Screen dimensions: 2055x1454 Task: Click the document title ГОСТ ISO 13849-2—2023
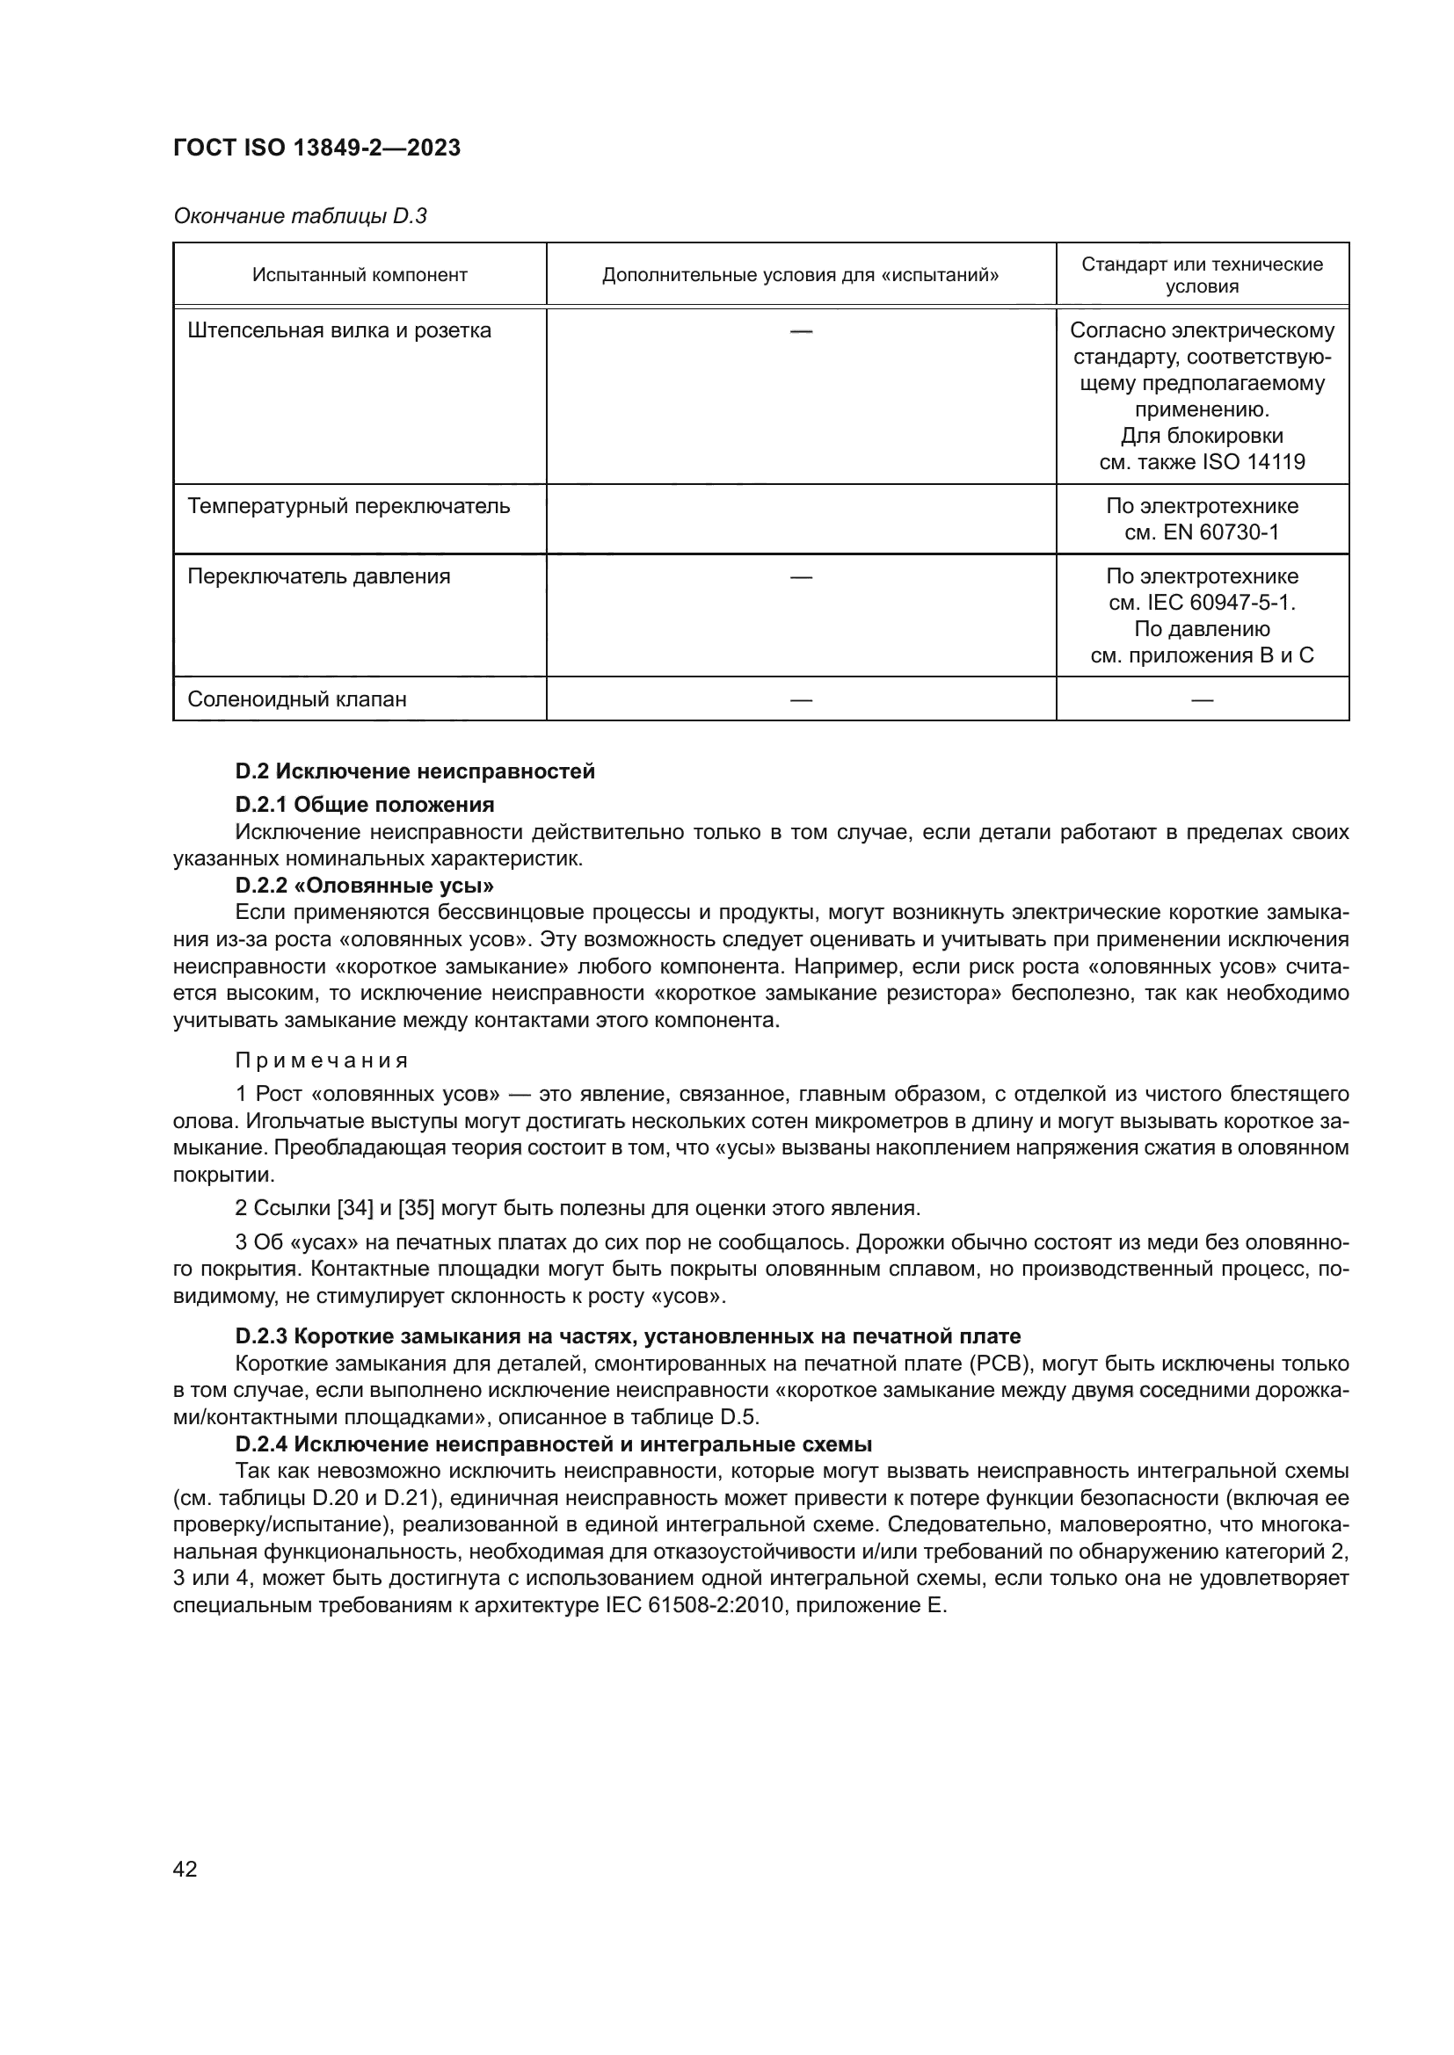coord(316,148)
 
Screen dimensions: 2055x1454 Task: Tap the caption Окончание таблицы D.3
coord(300,217)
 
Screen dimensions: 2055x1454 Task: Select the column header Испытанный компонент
coord(359,275)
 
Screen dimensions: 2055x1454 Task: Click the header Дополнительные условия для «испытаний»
coord(801,275)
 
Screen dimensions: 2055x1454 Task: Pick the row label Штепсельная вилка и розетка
coord(339,331)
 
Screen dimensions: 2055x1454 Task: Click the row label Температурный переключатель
coord(348,507)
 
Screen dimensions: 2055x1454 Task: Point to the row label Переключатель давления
coord(319,576)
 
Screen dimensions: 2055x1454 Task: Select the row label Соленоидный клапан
coord(296,699)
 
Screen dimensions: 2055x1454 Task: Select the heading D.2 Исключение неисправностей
coord(415,771)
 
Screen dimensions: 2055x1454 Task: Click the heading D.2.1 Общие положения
coord(365,804)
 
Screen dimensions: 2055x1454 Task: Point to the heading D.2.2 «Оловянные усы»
coord(365,886)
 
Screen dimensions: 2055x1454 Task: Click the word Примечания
coord(322,1060)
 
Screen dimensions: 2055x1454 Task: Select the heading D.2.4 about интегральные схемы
coord(553,1444)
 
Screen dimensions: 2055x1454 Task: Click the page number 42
coord(185,1869)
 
